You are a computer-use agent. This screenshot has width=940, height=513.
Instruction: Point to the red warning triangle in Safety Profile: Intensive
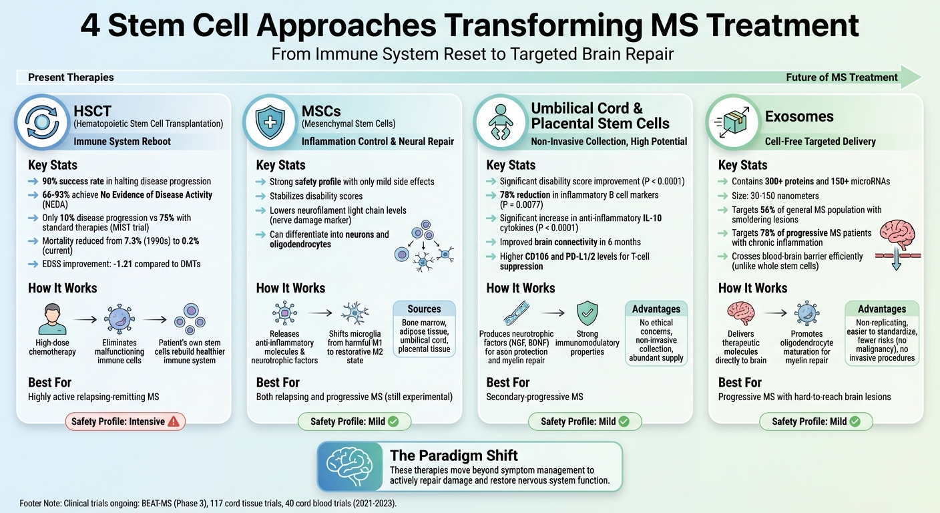(x=174, y=421)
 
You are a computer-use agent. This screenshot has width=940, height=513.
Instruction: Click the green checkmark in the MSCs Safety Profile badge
(x=393, y=421)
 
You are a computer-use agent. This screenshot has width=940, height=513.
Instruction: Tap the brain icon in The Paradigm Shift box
(x=352, y=466)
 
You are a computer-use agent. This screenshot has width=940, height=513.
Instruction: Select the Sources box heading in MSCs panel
(x=424, y=309)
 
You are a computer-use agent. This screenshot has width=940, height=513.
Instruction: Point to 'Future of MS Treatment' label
(x=841, y=77)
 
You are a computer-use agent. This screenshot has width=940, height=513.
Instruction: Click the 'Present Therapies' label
(x=71, y=77)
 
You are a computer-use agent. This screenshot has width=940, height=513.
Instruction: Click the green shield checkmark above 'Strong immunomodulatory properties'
(x=587, y=313)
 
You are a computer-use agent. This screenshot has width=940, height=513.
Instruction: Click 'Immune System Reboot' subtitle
(x=122, y=142)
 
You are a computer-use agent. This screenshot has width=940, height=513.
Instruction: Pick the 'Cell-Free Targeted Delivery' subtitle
(x=820, y=142)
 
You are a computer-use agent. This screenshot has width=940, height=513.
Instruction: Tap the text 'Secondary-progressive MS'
(x=534, y=397)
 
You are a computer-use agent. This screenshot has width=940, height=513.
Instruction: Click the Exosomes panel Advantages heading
(x=881, y=309)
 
